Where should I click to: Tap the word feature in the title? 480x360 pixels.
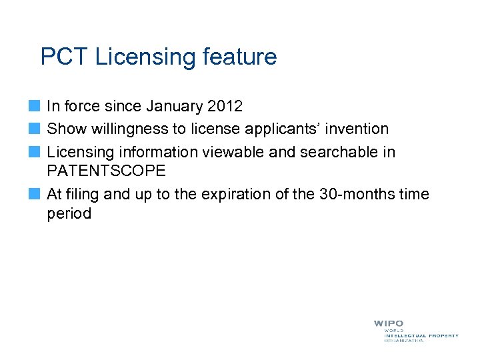237,57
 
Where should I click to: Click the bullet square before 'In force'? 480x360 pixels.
35,106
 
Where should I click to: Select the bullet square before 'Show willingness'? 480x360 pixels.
35,128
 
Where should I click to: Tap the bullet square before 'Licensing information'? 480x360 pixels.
35,151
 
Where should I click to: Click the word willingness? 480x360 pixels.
131,129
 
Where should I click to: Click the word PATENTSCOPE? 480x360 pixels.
107,171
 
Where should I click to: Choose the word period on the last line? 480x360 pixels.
69,214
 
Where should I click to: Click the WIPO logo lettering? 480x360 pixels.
388,324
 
